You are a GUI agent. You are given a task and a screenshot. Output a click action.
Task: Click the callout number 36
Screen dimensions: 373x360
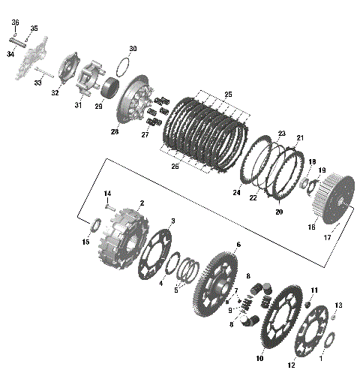[x=15, y=23]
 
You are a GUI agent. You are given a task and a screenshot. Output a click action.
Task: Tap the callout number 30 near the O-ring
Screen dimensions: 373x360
[x=133, y=49]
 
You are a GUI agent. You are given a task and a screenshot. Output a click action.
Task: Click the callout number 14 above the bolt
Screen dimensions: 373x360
[x=107, y=194]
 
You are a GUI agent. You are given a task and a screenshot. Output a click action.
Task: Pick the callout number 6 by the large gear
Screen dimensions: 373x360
[x=238, y=245]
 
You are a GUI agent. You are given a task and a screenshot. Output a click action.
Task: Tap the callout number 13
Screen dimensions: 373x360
[x=338, y=305]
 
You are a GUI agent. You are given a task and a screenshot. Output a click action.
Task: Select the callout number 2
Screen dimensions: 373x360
[x=142, y=203]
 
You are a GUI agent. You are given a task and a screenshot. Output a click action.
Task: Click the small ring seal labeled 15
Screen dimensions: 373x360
[x=96, y=227]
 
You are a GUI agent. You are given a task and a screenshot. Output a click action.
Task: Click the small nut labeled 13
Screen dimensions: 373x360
[x=333, y=317]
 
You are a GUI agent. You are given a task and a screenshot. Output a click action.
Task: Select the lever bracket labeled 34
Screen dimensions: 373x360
[x=28, y=62]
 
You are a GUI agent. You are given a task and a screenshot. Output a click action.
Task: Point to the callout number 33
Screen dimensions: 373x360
[x=38, y=83]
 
